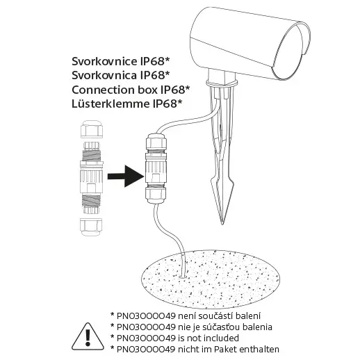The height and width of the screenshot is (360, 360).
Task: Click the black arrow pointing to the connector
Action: pyautogui.click(x=126, y=177)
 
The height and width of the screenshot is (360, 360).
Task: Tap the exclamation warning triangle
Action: pyautogui.click(x=88, y=336)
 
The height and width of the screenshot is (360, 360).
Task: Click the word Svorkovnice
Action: pyautogui.click(x=104, y=61)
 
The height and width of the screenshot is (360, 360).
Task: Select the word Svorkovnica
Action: pyautogui.click(x=104, y=75)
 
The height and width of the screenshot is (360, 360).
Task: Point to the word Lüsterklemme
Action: pyautogui.click(x=111, y=104)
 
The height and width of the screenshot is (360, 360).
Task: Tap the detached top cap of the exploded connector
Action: pyautogui.click(x=92, y=129)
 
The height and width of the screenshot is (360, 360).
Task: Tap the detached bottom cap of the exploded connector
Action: pyautogui.click(x=91, y=227)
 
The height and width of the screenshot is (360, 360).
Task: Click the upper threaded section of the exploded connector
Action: pyautogui.click(x=92, y=155)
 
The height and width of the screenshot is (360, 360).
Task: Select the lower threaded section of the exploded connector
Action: pyautogui.click(x=92, y=201)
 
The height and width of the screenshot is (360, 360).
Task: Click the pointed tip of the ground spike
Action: pyautogui.click(x=222, y=224)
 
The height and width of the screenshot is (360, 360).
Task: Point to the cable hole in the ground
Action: pyautogui.click(x=183, y=277)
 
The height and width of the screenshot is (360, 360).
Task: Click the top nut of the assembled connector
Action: pyautogui.click(x=156, y=141)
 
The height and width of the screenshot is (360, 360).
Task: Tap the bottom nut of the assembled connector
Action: pyautogui.click(x=156, y=195)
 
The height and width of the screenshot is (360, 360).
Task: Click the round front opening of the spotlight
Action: pyautogui.click(x=291, y=51)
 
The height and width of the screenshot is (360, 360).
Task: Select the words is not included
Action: pyautogui.click(x=208, y=338)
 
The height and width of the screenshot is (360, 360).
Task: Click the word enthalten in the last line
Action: pyautogui.click(x=259, y=349)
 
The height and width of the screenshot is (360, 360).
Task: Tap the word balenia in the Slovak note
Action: pyautogui.click(x=257, y=327)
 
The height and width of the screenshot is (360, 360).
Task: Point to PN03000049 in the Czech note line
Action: pyautogui.click(x=146, y=316)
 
